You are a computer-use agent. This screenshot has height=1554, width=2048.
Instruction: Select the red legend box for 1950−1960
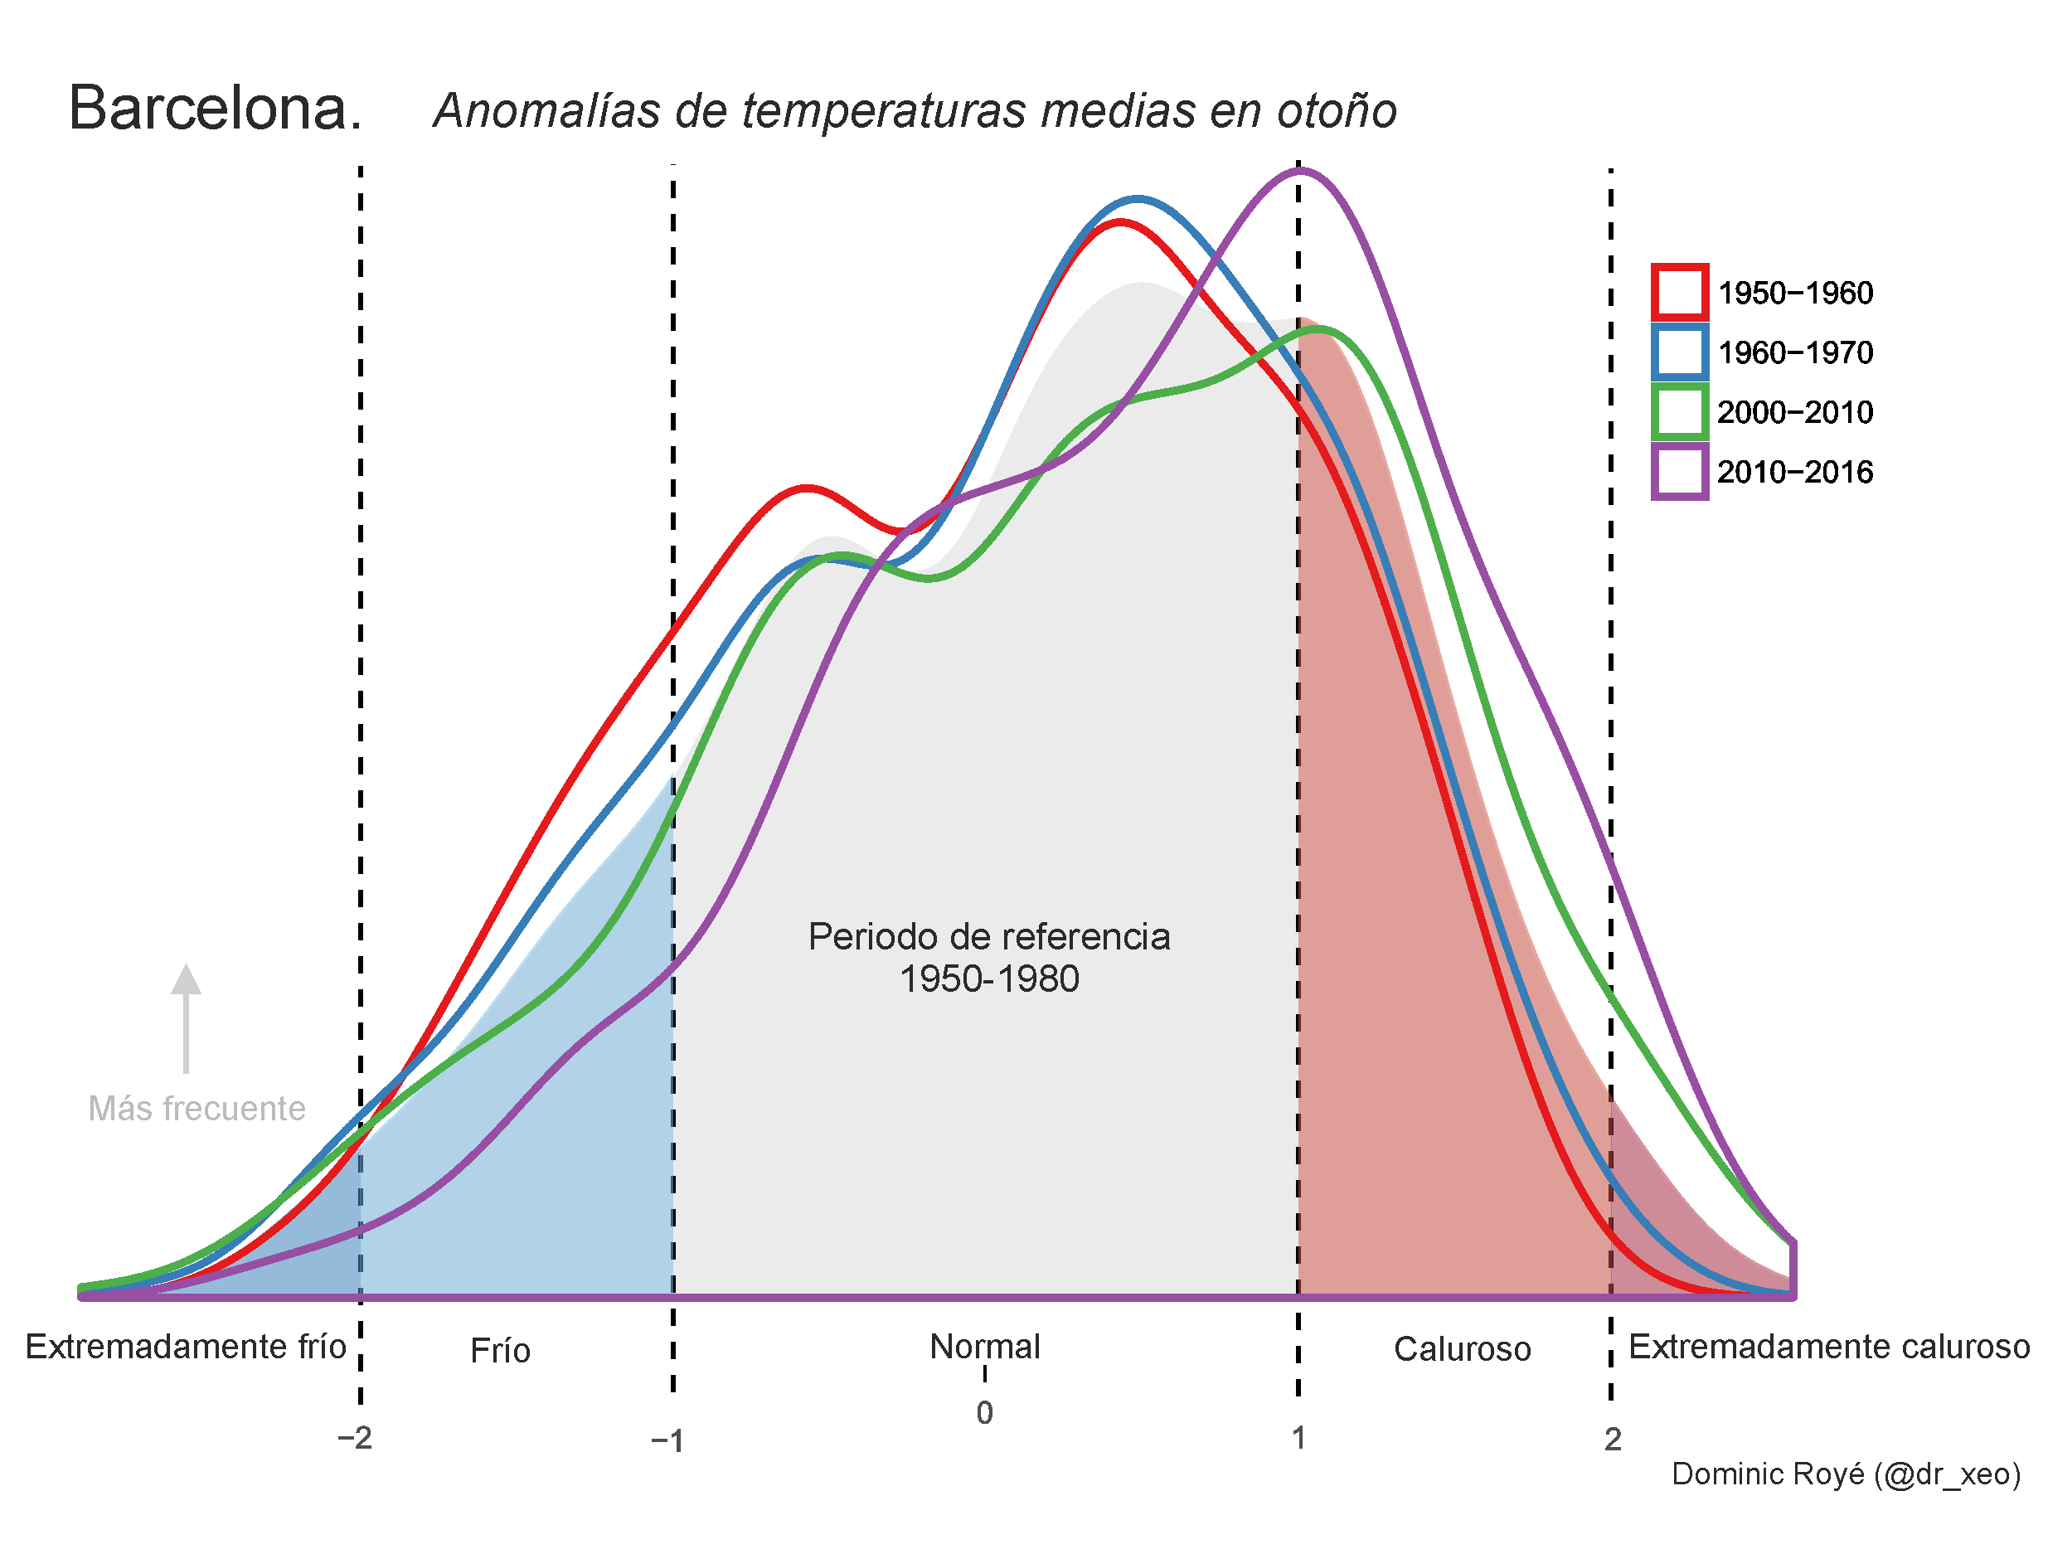click(x=1680, y=292)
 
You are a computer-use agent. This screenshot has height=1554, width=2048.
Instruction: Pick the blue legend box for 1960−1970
click(x=1680, y=352)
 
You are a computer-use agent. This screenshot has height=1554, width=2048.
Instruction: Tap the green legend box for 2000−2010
click(x=1680, y=412)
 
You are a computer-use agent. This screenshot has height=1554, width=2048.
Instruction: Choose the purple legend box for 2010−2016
click(x=1680, y=471)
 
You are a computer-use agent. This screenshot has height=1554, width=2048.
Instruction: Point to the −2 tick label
click(x=355, y=1438)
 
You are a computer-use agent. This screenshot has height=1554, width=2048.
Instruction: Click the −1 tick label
click(x=667, y=1441)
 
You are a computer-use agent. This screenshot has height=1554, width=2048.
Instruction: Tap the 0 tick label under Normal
click(x=984, y=1413)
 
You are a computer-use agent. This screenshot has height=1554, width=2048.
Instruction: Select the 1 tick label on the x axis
click(x=1299, y=1438)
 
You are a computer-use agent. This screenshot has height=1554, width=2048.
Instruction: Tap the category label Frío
click(x=500, y=1351)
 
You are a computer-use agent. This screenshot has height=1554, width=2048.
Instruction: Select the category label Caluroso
click(x=1462, y=1349)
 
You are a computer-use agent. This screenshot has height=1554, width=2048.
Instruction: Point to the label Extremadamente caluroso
click(x=1828, y=1347)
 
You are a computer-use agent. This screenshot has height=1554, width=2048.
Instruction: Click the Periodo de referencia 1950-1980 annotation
click(x=989, y=958)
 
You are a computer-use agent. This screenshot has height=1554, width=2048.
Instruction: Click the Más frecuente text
click(x=197, y=1109)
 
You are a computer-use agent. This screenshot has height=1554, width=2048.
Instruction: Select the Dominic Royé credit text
click(x=1845, y=1474)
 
